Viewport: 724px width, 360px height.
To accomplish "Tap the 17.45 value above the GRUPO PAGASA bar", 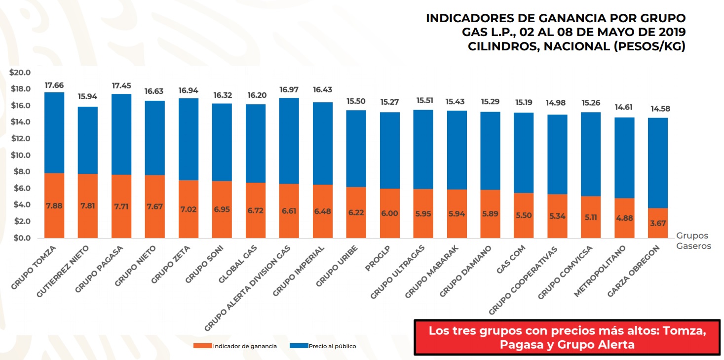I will tap(121, 86).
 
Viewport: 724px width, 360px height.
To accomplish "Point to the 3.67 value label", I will tap(657, 223).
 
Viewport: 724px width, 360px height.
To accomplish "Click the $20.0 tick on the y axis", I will tap(20, 73).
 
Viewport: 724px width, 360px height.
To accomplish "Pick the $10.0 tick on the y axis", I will tap(20, 156).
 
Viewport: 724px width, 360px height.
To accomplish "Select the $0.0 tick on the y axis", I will tap(22, 238).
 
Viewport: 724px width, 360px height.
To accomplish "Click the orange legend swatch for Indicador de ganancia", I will tap(202, 346).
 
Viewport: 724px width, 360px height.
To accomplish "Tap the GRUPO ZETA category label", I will tap(168, 266).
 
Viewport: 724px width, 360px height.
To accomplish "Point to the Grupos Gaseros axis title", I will tap(693, 241).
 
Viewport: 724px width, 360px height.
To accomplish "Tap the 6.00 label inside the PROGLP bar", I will tap(389, 213).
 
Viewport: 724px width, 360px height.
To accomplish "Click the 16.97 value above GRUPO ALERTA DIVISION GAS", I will tap(289, 89).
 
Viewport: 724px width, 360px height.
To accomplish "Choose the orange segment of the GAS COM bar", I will tap(523, 215).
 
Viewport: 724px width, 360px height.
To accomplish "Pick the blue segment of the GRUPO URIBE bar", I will tap(355, 148).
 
